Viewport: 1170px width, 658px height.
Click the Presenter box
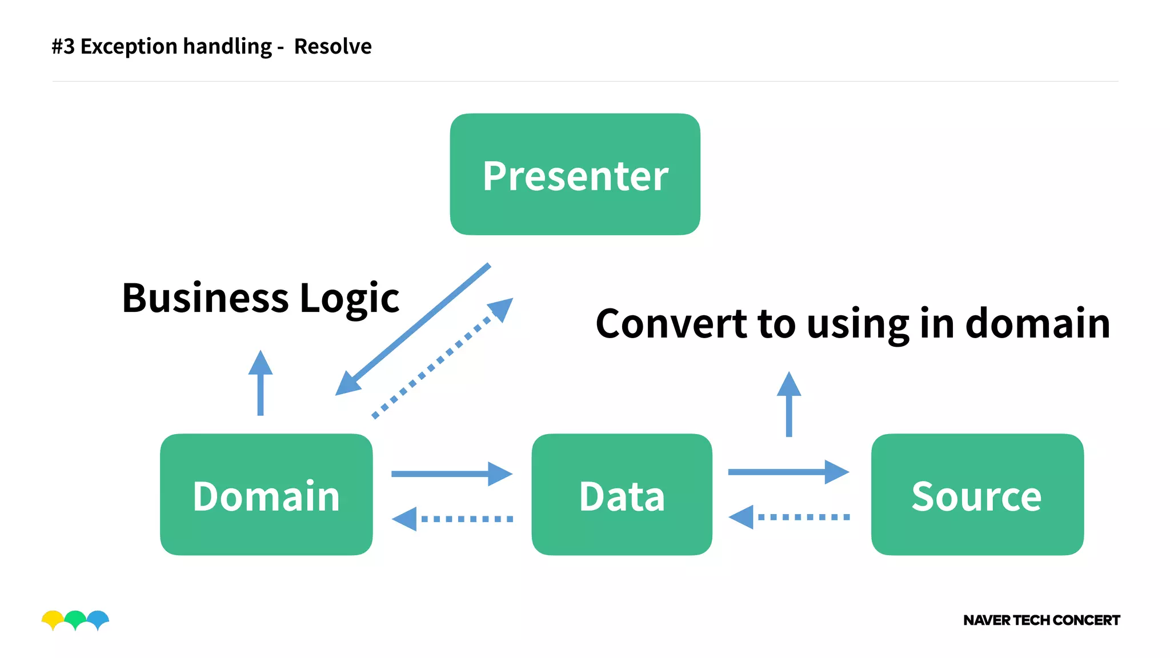575,174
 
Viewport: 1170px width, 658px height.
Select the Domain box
266,495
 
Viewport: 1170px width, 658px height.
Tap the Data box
622,495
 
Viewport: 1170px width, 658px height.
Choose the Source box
977,495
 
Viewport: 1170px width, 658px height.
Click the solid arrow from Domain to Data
451,474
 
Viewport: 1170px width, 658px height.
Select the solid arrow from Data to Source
788,472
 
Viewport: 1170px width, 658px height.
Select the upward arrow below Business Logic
261,383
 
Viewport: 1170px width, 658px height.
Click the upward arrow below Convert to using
789,404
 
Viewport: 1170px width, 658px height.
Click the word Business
206,298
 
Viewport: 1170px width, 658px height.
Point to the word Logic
349,298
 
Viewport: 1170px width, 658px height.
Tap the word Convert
671,323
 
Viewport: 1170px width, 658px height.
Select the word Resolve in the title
332,46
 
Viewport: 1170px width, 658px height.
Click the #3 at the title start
63,46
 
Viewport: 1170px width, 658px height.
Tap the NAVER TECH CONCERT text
1041,620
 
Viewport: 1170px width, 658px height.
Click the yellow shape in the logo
53,618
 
